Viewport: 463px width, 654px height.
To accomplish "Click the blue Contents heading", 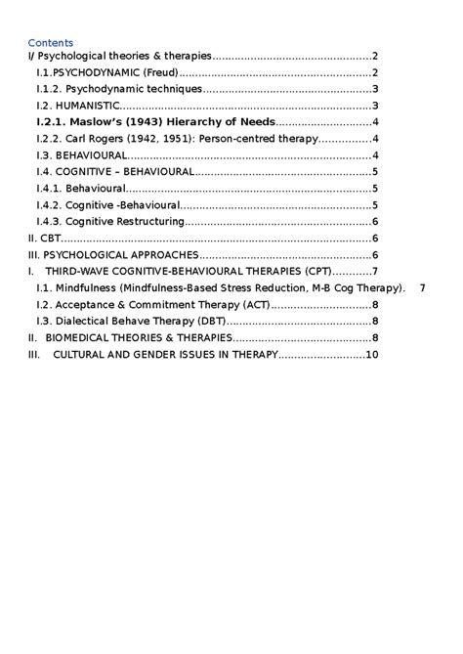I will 50,42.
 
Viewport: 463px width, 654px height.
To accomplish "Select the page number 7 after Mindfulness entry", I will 422,287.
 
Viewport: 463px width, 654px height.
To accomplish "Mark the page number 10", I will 371,354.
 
